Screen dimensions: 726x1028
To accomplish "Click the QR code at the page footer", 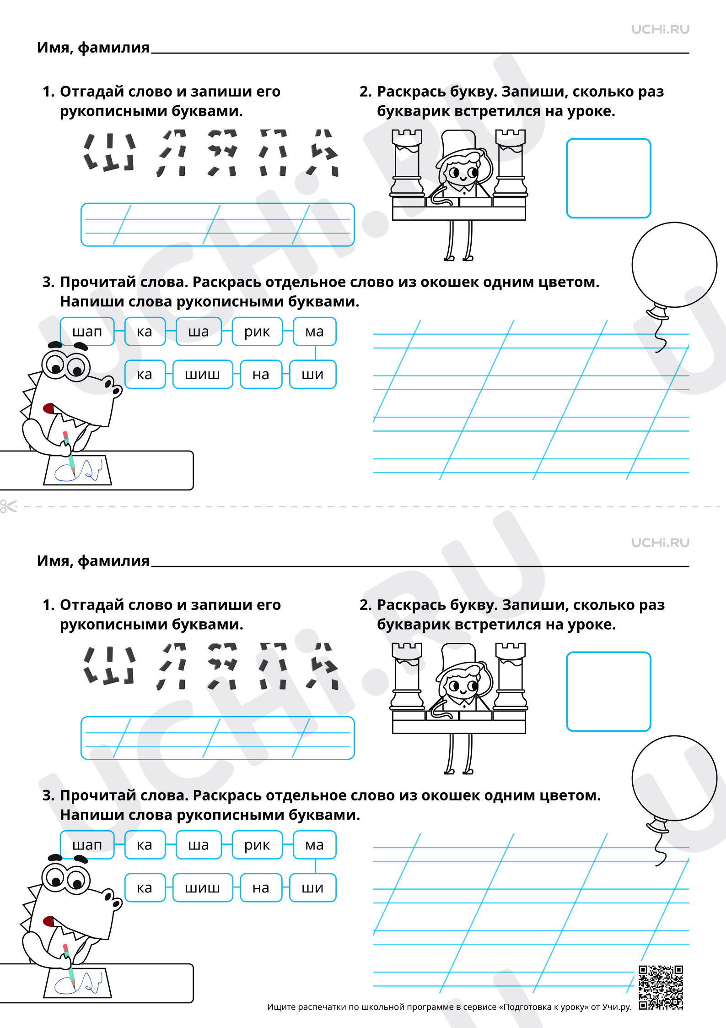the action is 661,988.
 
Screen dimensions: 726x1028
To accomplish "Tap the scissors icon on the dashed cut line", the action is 8,506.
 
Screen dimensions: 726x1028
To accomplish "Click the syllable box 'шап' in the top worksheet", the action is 87,332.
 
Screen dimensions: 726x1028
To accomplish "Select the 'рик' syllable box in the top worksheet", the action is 257,332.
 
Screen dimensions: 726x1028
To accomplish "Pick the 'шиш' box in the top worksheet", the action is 203,375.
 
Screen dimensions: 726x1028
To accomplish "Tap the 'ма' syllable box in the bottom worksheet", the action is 315,845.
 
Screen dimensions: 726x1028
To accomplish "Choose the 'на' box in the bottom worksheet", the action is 261,888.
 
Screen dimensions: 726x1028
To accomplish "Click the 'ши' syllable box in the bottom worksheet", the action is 313,888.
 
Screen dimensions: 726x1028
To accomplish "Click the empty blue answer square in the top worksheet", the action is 608,178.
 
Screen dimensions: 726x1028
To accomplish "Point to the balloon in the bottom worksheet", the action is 674,778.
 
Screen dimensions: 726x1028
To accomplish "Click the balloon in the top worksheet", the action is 674,265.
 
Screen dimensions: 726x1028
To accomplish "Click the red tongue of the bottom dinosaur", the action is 48,921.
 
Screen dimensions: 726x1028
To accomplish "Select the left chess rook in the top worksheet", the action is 407,163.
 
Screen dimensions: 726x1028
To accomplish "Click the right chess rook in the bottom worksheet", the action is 511,676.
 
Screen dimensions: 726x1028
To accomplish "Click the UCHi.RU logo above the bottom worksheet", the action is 660,543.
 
